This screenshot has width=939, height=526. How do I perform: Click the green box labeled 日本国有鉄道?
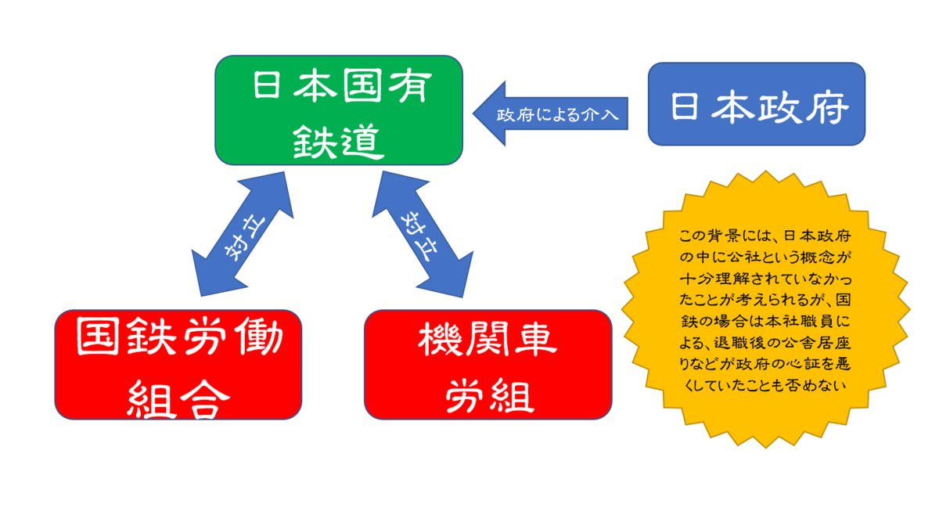coord(339,110)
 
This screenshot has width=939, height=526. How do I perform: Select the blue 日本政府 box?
coord(757,104)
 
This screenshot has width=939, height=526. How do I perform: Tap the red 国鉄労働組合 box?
coord(178,365)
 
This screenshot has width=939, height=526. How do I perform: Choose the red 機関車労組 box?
coord(488,365)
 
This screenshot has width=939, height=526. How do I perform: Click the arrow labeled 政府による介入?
coord(550,113)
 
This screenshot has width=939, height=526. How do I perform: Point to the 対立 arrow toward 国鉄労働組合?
coord(243,234)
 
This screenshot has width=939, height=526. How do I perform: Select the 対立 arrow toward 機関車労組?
coord(423,234)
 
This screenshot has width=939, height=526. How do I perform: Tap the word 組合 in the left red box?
coord(178,398)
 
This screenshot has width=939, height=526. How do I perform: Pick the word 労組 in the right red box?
coord(490,396)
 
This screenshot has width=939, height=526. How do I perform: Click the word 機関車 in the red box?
coord(487,340)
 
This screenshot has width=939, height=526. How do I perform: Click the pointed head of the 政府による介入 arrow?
coord(473,113)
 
